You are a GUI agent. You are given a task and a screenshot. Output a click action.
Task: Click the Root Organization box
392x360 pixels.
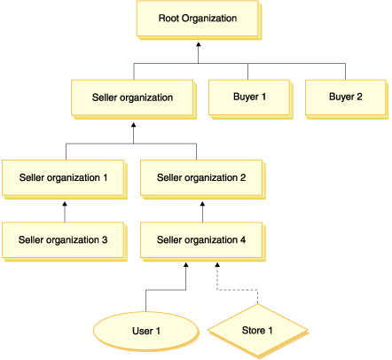click(198, 18)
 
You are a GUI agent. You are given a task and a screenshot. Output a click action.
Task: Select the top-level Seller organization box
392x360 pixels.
click(132, 96)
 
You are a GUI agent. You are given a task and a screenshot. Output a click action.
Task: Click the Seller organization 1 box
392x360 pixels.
click(63, 176)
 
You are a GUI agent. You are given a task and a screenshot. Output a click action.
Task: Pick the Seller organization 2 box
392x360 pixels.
click(201, 176)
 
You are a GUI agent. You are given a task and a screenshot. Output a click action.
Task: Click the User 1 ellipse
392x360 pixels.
click(145, 333)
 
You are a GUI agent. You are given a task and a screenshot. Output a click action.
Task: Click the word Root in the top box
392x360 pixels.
click(170, 18)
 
